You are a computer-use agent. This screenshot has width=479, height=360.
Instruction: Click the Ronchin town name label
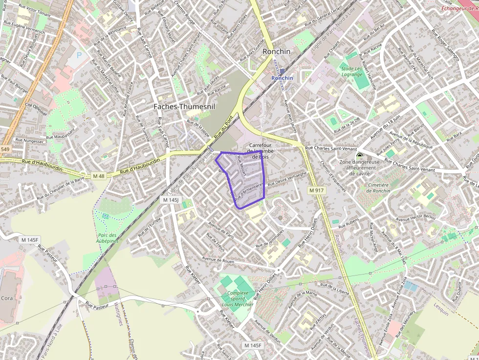277,51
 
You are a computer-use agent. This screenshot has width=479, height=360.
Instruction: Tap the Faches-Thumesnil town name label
184,106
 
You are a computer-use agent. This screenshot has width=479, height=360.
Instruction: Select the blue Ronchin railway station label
282,78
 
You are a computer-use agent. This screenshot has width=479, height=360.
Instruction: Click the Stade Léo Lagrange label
352,71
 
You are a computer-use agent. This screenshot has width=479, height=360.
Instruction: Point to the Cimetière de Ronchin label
378,188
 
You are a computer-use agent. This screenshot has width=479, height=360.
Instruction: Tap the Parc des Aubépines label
108,238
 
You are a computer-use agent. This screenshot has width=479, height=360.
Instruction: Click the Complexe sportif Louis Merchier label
238,299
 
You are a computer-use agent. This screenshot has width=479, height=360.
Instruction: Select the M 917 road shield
317,190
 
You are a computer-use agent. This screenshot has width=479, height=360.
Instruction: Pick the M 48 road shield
99,176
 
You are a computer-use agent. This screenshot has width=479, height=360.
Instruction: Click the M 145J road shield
172,200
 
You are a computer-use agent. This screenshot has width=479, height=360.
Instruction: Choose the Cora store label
7,297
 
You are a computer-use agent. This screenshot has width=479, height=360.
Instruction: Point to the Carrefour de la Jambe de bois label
260,151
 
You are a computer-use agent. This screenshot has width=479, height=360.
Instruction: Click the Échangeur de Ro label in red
459,8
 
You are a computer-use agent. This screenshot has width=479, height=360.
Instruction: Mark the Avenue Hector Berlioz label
415,217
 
